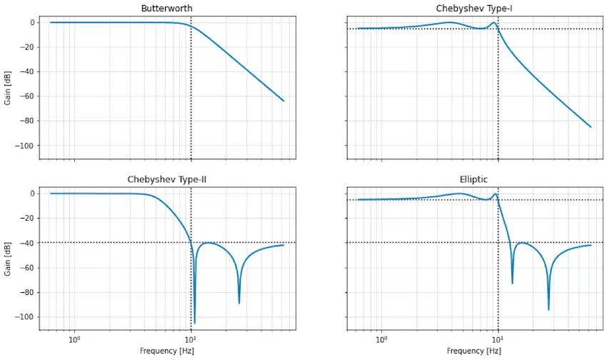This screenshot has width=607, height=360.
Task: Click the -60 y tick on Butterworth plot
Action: coord(29,96)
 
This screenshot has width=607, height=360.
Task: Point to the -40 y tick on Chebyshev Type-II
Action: coord(29,243)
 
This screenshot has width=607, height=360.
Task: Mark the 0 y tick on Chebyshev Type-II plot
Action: coord(33,194)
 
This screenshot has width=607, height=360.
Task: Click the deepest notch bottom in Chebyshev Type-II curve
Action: coord(195,322)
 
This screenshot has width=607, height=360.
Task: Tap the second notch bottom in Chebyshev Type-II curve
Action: coord(239,303)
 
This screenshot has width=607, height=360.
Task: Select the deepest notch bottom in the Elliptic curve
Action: coord(548,309)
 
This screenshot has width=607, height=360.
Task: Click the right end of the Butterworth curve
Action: coord(284,101)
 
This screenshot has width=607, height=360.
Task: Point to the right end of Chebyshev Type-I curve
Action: coord(591,127)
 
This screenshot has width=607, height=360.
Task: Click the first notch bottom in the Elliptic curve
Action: coord(512,283)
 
